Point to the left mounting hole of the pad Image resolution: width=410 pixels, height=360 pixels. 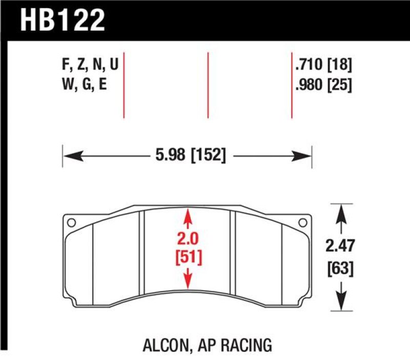[71, 222]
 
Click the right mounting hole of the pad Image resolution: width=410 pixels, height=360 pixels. [303, 222]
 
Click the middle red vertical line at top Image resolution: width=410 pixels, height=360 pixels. [208, 84]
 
